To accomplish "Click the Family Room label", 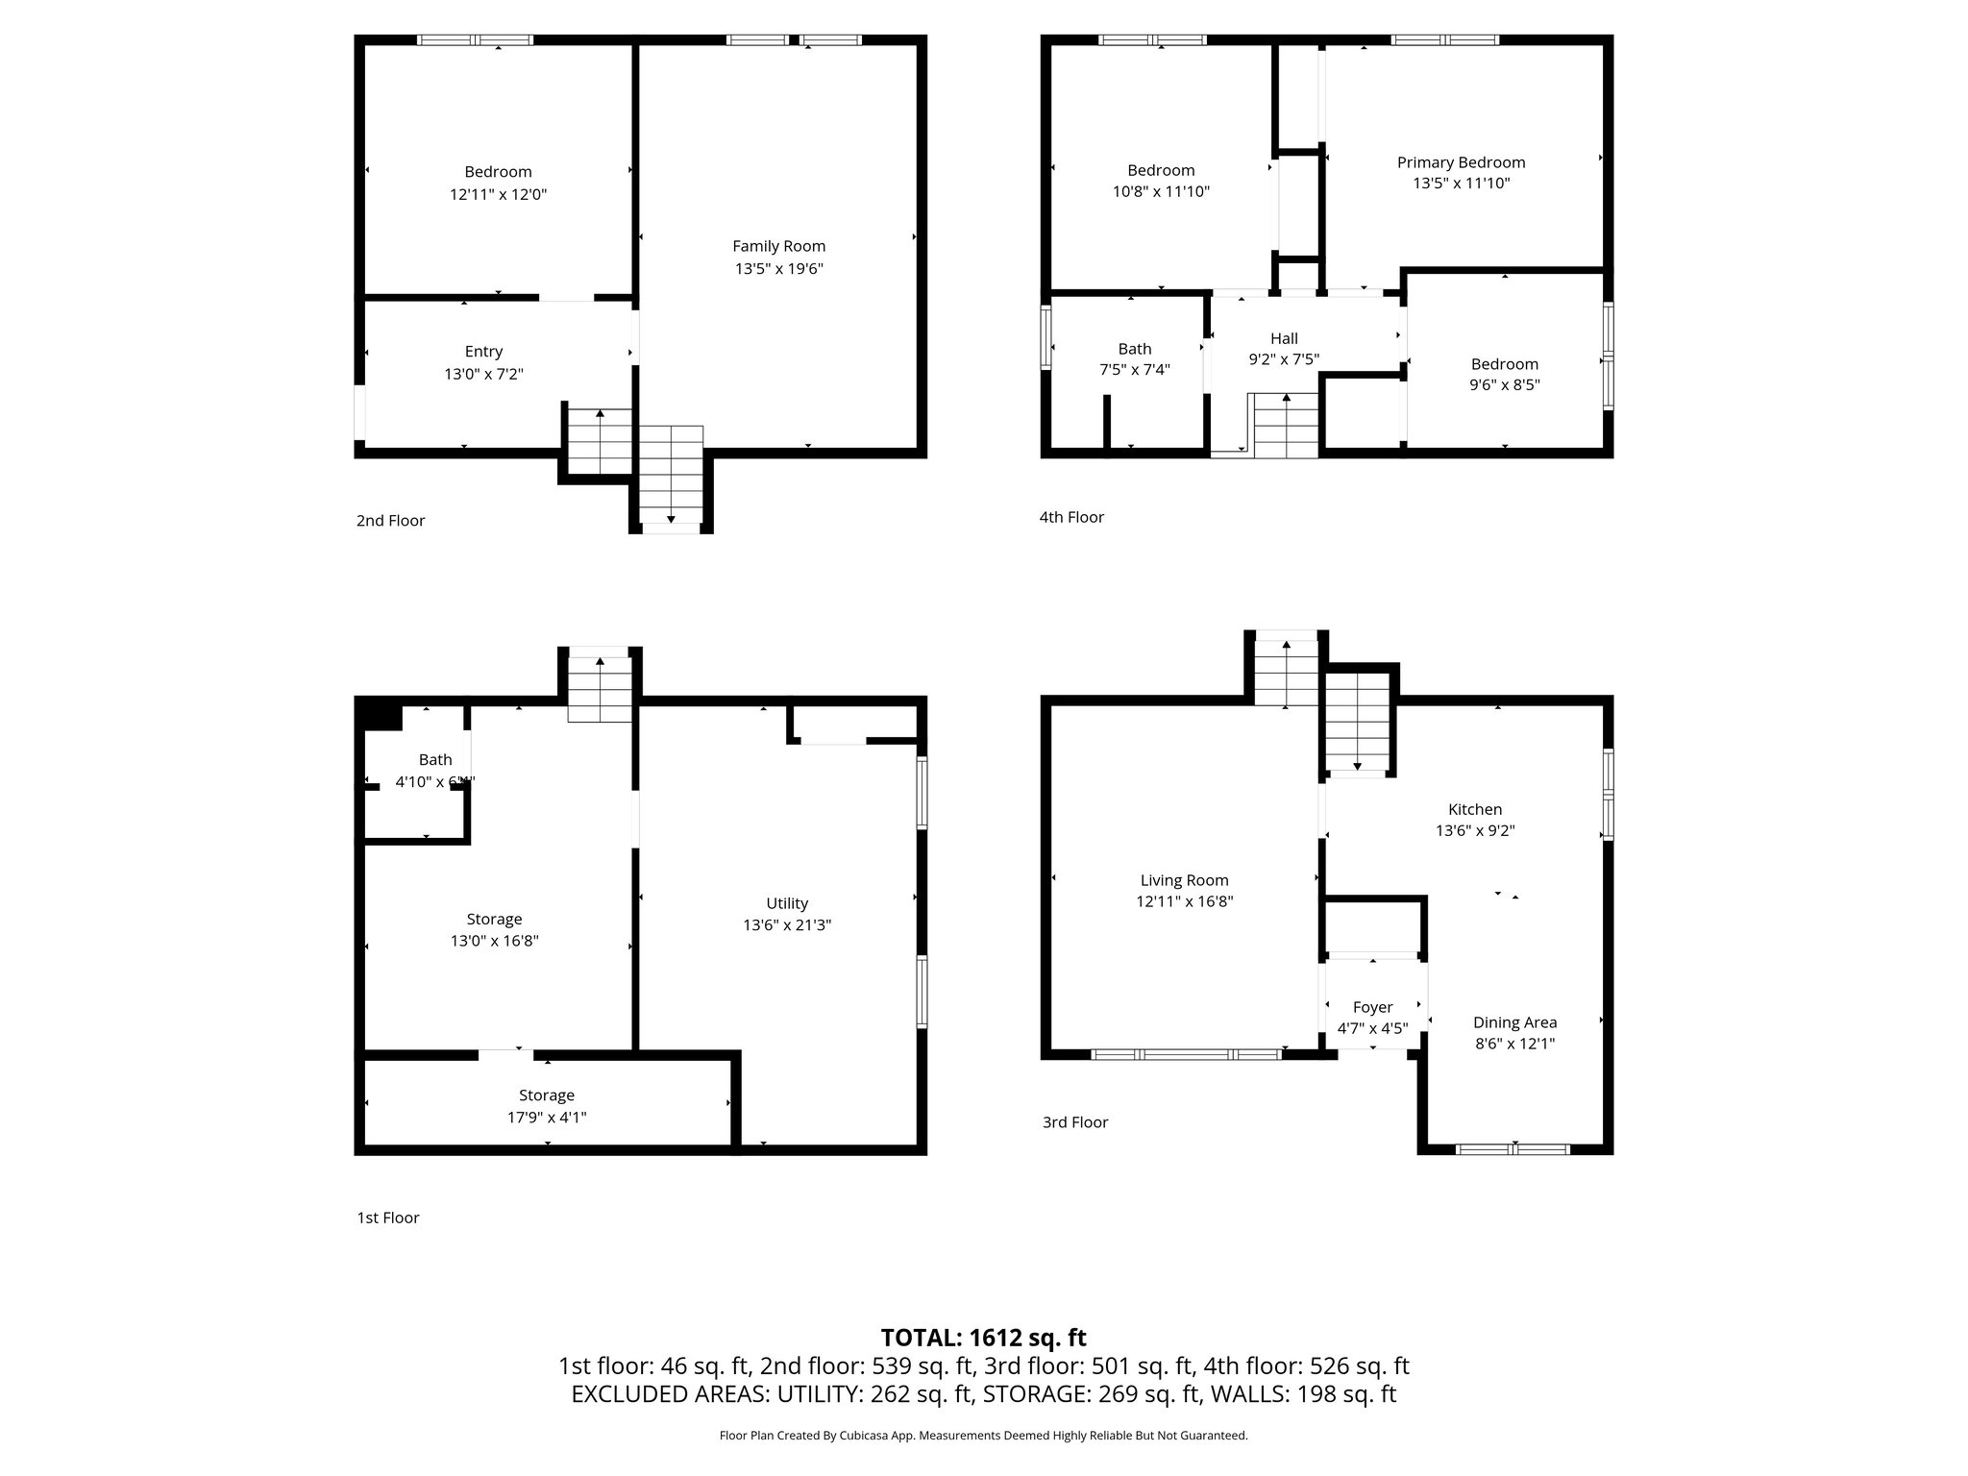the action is [778, 247].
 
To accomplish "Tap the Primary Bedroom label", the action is [1461, 162].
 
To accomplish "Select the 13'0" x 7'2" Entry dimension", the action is [483, 374].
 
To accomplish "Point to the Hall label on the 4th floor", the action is [1284, 338].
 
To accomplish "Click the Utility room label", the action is [787, 903].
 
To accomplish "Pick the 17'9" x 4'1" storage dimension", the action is [547, 1117].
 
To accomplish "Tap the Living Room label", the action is [1184, 880].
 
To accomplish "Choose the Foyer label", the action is [1372, 1007].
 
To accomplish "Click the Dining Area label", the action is [1514, 1022].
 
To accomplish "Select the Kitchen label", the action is [1475, 809].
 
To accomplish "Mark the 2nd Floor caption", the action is [390, 521].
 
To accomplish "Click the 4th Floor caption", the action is [1071, 517].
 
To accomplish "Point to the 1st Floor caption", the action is [388, 1218].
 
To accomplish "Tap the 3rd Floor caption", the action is [1075, 1122].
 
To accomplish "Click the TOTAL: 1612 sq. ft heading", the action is [984, 1338].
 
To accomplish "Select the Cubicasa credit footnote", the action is [984, 1436].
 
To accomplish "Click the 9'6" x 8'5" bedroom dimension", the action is [1505, 384].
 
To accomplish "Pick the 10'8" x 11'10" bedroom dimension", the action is [1161, 191].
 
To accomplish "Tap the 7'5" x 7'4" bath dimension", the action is [1135, 369].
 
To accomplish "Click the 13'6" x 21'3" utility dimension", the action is [787, 925].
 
